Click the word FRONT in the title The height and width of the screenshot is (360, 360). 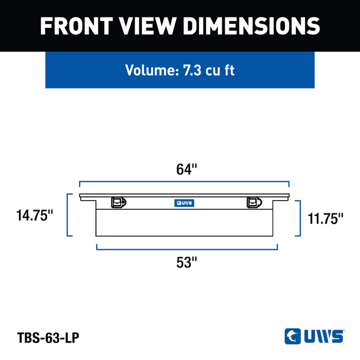click(77, 26)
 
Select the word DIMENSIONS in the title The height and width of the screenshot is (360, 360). click(251, 26)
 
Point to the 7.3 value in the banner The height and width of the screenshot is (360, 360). click(192, 70)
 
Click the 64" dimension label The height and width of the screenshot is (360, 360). click(186, 169)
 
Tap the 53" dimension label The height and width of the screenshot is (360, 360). click(187, 262)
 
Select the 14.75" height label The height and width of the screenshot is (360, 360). click(34, 215)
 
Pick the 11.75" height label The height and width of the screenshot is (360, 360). click(326, 219)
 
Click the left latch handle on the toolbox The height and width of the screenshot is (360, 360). click(119, 203)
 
